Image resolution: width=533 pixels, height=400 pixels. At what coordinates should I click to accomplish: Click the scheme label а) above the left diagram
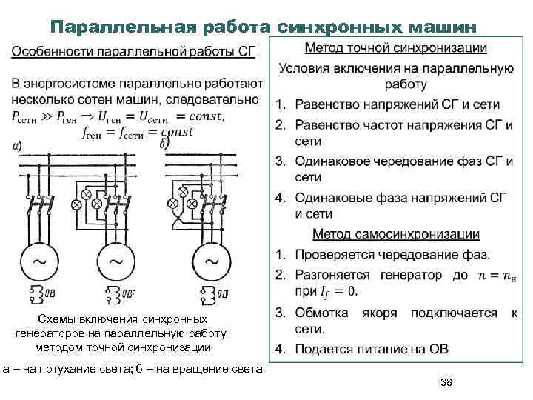pos(16,146)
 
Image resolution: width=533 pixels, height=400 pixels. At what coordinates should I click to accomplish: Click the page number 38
pos(446,381)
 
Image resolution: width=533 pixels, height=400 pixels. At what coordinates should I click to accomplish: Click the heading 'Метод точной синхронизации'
pos(395,49)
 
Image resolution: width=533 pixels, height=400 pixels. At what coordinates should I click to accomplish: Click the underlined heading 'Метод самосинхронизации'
pos(396,235)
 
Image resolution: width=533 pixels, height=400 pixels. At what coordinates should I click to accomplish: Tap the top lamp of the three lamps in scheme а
pos(84,194)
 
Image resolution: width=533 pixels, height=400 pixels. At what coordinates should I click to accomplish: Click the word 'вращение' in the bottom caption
pos(199,368)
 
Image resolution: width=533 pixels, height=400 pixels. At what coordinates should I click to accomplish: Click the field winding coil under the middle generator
pos(113,294)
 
